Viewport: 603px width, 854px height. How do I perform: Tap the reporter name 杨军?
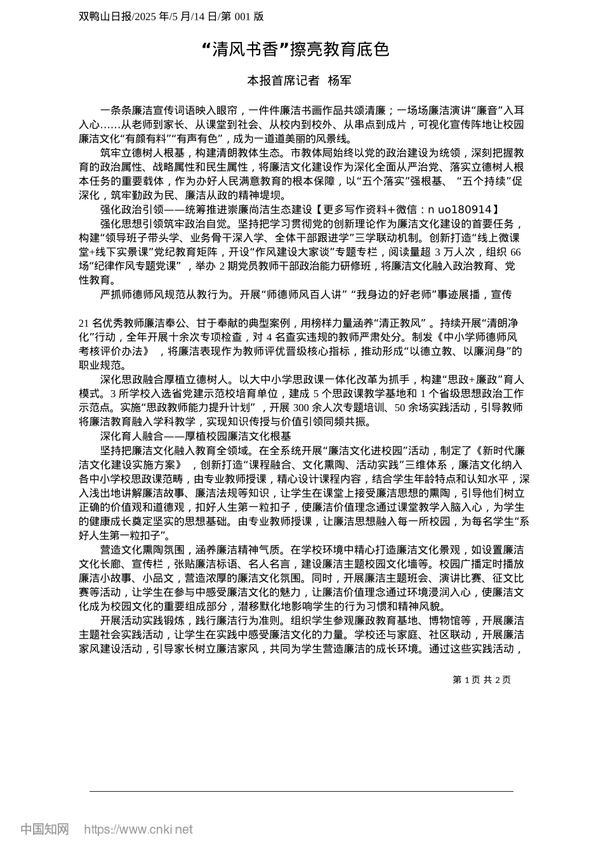click(x=339, y=81)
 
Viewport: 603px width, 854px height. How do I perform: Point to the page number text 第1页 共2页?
click(x=481, y=680)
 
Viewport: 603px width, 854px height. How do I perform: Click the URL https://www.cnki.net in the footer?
click(x=138, y=829)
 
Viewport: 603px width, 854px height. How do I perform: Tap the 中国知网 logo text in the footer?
click(x=44, y=829)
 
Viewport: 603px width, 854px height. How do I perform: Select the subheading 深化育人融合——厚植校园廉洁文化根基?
click(x=195, y=436)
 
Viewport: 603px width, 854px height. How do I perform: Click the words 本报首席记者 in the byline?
click(x=282, y=81)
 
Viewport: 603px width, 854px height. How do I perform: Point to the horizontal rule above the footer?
click(x=301, y=791)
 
